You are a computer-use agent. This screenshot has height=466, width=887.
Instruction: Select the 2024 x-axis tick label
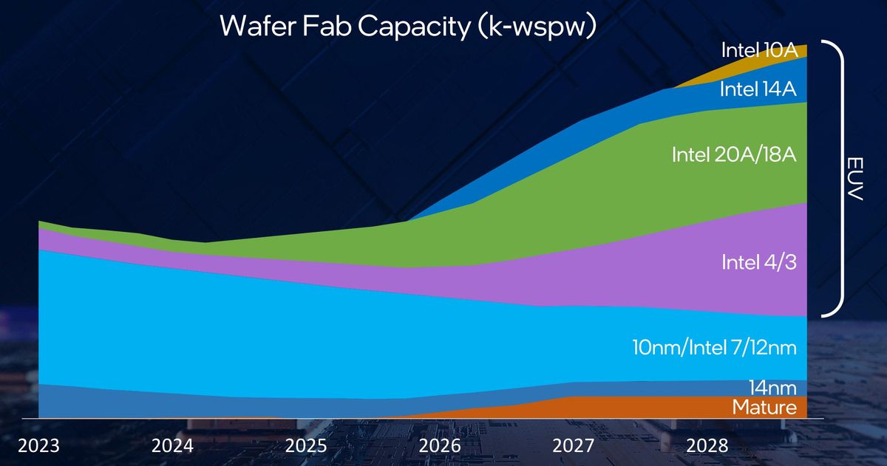[172, 446]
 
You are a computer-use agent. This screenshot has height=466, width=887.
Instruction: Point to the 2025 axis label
[306, 446]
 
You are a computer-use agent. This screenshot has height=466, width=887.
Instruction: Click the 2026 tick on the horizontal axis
[439, 446]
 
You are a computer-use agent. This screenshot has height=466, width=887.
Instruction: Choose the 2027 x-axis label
[573, 446]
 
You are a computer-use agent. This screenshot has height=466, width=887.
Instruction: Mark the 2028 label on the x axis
[707, 446]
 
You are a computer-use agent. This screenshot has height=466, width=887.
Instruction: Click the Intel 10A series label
[758, 50]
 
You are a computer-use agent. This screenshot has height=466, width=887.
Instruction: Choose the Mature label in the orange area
[764, 407]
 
